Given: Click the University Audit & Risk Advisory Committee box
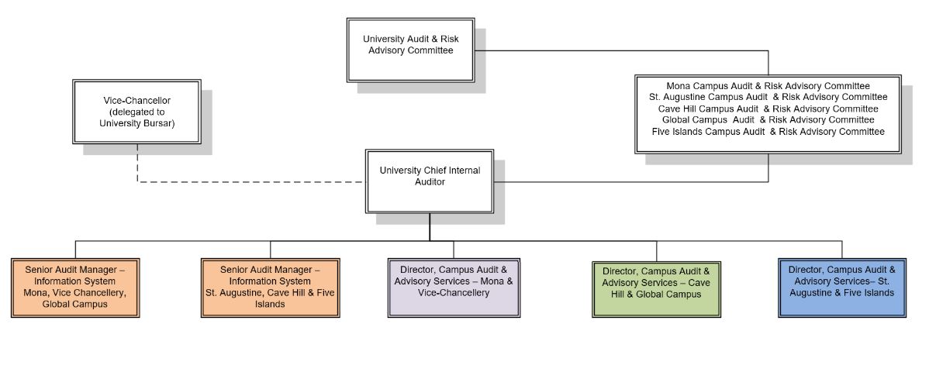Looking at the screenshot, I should [x=410, y=50].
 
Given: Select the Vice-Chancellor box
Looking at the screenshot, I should [x=136, y=111].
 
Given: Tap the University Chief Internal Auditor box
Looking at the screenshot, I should [x=429, y=181].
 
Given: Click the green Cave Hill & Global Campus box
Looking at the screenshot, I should [x=656, y=288].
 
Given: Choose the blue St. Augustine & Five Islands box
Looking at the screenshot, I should [x=841, y=287].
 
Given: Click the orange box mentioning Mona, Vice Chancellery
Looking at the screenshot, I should [x=75, y=288].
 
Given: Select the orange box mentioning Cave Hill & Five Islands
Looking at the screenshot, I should [x=271, y=288].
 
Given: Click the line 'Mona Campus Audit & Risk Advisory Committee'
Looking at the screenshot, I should [x=768, y=85].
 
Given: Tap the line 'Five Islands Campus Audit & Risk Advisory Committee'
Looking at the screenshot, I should [x=768, y=132].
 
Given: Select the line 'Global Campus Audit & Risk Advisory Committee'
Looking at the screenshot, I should [x=768, y=120].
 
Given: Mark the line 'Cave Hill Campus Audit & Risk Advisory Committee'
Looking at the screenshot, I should [x=768, y=109].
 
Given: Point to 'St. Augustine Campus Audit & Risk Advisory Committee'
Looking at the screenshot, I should [x=768, y=97].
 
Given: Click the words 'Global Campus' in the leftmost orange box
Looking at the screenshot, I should [x=75, y=305].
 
